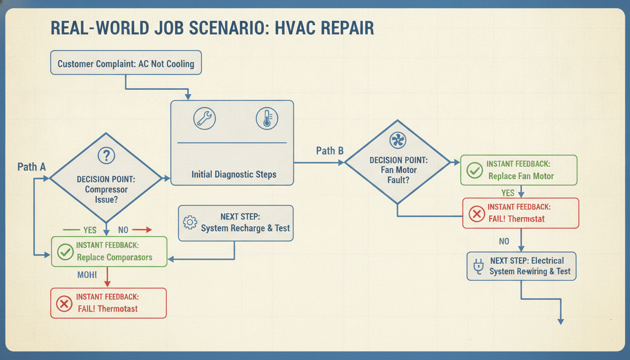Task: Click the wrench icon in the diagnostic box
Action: coord(204,119)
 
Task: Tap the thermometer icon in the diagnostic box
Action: coord(267,119)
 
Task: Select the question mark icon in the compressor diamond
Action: coord(106,156)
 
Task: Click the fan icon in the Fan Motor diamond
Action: coord(398,140)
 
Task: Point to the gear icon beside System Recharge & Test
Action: coord(190,223)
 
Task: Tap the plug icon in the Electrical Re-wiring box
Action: coord(479,266)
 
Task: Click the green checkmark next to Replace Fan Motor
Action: coord(475,170)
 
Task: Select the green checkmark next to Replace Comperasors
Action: coord(65,252)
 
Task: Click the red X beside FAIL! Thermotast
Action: coord(64,304)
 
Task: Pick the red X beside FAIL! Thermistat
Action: coord(477,214)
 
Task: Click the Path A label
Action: coord(31,167)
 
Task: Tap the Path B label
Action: coord(330,151)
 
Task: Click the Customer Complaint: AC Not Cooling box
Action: coord(126,62)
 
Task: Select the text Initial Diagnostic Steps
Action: coord(234,174)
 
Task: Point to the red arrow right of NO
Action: coord(142,230)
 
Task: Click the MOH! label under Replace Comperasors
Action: coord(87,275)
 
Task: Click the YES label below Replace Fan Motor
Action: coord(508,193)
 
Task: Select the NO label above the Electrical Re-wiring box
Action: coord(504,241)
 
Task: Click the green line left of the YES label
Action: coord(71,230)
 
